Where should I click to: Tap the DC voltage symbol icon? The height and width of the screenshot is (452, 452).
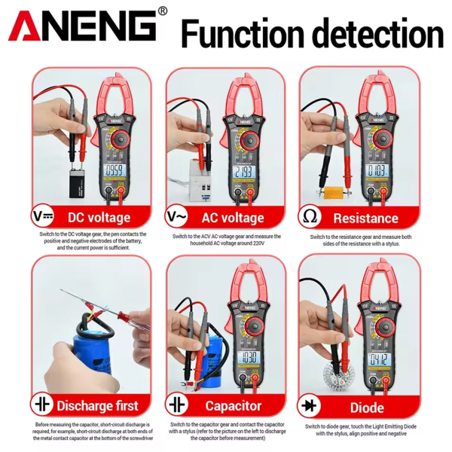click(43, 218)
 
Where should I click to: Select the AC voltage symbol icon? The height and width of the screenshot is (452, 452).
click(178, 218)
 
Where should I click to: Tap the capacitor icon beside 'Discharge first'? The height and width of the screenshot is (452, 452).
click(43, 407)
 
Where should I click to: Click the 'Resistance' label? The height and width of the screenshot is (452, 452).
click(365, 218)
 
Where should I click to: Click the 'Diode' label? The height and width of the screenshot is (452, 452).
click(366, 407)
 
